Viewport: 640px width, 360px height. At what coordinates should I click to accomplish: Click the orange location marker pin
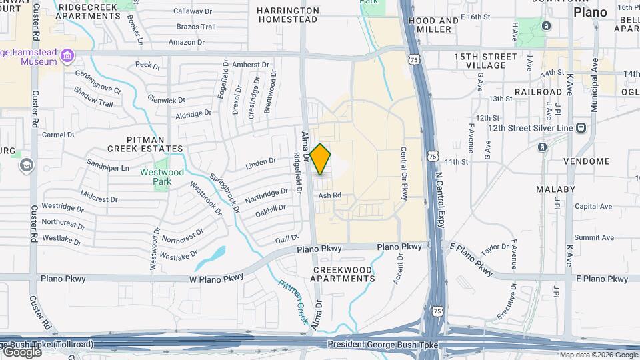321,159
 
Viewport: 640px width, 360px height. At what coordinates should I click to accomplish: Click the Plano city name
590,12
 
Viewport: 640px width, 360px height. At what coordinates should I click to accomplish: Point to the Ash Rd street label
329,195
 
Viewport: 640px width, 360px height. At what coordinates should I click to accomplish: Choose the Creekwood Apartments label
343,273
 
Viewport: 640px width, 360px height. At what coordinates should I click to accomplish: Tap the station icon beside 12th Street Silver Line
581,127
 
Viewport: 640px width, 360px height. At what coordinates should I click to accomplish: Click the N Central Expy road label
439,190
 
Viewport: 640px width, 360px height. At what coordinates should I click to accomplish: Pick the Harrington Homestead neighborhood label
287,15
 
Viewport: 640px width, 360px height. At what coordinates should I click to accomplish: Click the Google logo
21,351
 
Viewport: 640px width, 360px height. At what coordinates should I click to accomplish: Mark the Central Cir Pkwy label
404,173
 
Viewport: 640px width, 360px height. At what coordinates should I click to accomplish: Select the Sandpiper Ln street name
108,167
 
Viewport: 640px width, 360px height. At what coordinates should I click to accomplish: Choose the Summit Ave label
593,237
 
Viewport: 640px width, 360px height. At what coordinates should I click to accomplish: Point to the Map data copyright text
599,355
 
